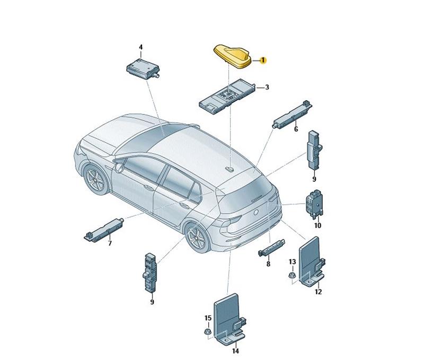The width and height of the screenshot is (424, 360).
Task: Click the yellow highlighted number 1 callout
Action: (262, 60)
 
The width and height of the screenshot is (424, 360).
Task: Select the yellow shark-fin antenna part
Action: (233, 56)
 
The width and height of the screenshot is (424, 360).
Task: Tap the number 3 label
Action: (267, 87)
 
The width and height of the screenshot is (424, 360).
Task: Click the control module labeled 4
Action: (143, 69)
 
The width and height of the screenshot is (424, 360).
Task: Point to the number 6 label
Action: (296, 129)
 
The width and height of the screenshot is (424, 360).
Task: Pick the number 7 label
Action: (110, 243)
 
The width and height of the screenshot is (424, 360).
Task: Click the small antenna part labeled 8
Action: (271, 247)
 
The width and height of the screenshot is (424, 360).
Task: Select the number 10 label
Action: (317, 225)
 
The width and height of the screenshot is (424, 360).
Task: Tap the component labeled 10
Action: (314, 204)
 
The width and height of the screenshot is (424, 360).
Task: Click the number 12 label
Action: (319, 292)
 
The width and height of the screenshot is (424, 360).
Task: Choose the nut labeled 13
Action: (293, 275)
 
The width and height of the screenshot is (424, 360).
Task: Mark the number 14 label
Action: (235, 351)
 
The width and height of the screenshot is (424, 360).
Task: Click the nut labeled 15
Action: (207, 331)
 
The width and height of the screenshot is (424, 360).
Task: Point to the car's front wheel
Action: (96, 179)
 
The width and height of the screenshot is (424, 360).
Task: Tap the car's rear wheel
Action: (197, 236)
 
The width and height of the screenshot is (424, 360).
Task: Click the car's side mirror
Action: (119, 168)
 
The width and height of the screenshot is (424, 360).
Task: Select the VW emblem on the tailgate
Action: (256, 212)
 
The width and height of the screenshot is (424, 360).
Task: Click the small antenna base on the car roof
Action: (230, 169)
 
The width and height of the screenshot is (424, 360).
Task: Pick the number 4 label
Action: (140, 47)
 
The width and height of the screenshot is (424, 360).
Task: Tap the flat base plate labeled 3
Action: (228, 95)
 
